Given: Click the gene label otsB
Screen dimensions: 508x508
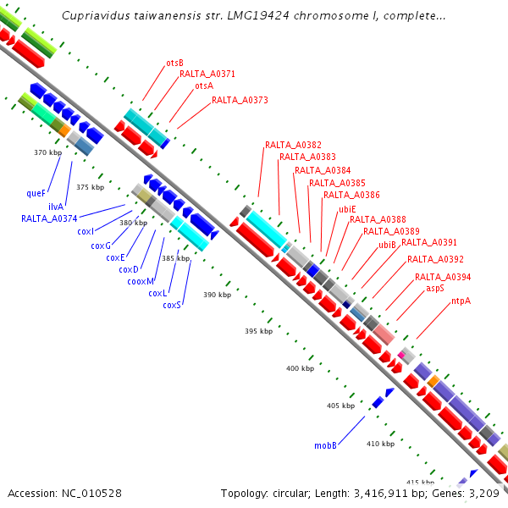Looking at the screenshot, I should [x=175, y=63].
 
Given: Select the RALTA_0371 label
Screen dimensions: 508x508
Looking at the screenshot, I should [x=207, y=75].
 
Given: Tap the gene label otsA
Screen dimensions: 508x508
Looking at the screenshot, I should [x=204, y=86].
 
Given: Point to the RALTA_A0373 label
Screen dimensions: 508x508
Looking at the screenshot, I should [x=240, y=100].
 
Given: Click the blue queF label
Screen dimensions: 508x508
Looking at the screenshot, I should [x=36, y=193].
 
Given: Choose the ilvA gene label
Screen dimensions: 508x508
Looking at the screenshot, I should [x=56, y=206].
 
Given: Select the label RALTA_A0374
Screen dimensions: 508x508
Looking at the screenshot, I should [x=49, y=218].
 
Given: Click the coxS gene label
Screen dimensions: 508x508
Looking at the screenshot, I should [x=173, y=305].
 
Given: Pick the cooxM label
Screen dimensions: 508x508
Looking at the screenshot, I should [x=141, y=281].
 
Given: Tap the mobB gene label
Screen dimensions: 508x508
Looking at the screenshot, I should [x=326, y=444].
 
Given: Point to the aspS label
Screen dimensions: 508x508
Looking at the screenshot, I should [x=435, y=288].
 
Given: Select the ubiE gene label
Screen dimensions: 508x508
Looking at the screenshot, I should [x=347, y=208].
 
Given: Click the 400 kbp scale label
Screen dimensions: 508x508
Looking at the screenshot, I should [x=300, y=368].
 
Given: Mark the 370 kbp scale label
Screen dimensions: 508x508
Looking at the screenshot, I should [x=47, y=152].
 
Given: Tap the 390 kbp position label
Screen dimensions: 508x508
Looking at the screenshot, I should [x=217, y=295].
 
